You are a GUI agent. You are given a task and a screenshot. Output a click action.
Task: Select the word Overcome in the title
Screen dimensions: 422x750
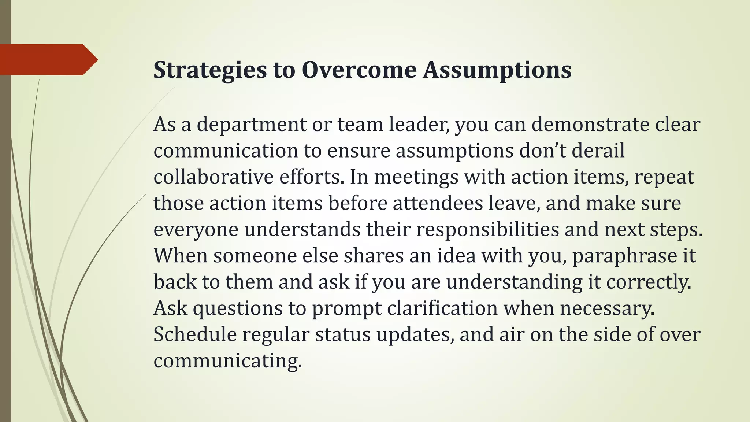(359, 70)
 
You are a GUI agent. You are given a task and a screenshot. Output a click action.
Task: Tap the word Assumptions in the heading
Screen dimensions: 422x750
(497, 70)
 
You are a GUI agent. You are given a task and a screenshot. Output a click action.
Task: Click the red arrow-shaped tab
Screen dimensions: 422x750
(48, 59)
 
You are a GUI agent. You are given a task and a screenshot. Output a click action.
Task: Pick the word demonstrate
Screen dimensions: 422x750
(590, 124)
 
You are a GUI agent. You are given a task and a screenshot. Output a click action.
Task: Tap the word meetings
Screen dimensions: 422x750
(416, 178)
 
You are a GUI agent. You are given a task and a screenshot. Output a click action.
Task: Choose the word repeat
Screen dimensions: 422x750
(664, 178)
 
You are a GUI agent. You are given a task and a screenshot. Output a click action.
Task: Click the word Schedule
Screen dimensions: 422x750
(195, 334)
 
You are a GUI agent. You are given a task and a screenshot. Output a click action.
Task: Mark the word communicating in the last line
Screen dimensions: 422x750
(227, 361)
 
